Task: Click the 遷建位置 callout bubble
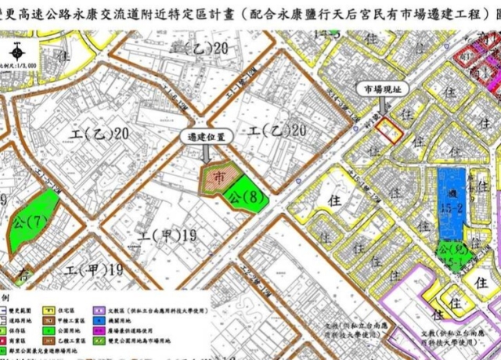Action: click(x=206, y=136)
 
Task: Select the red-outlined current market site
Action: click(x=389, y=128)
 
